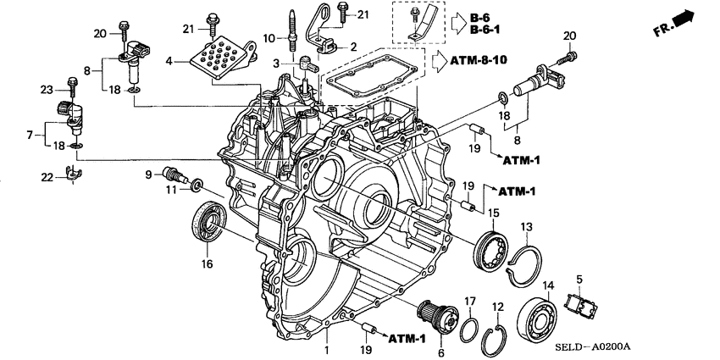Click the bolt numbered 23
(73, 88)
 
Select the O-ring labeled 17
(468, 329)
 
